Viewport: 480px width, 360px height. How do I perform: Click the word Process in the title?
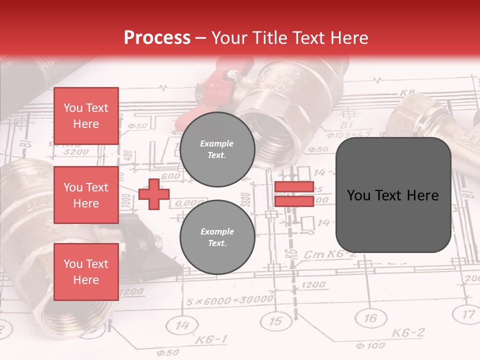coord(157,38)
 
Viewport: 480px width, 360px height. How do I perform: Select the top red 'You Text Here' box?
coord(86,116)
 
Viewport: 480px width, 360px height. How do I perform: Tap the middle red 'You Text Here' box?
coord(86,195)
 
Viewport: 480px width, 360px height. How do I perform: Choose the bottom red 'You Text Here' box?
coord(86,272)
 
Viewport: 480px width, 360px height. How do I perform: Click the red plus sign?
coord(153,194)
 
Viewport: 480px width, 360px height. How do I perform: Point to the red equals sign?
coord(294,194)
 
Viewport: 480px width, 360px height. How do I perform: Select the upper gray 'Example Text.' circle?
coord(217,149)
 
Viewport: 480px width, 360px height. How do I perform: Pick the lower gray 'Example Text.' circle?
coord(217,237)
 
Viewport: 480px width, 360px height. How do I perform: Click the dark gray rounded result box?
coord(393,195)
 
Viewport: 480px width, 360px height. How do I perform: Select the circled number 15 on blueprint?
coord(275,320)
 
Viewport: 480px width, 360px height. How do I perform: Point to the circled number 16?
coord(370,318)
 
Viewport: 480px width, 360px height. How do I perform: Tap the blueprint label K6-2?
coord(408,332)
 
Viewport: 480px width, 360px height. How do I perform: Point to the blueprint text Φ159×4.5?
coord(349,134)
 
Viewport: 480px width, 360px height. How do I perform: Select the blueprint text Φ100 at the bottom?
coord(370,345)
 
